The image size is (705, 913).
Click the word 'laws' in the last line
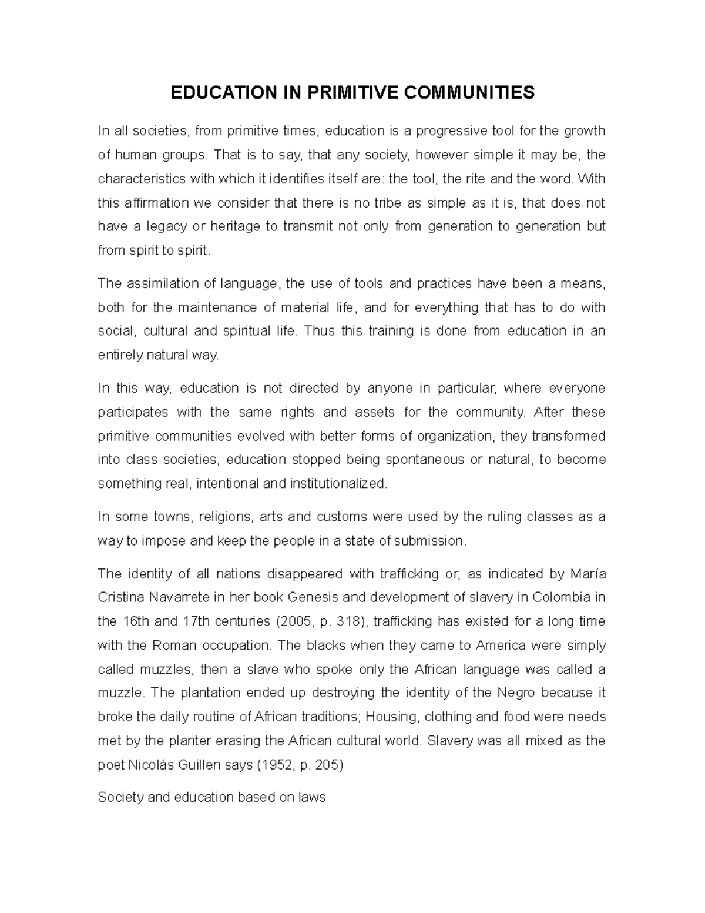[312, 798]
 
